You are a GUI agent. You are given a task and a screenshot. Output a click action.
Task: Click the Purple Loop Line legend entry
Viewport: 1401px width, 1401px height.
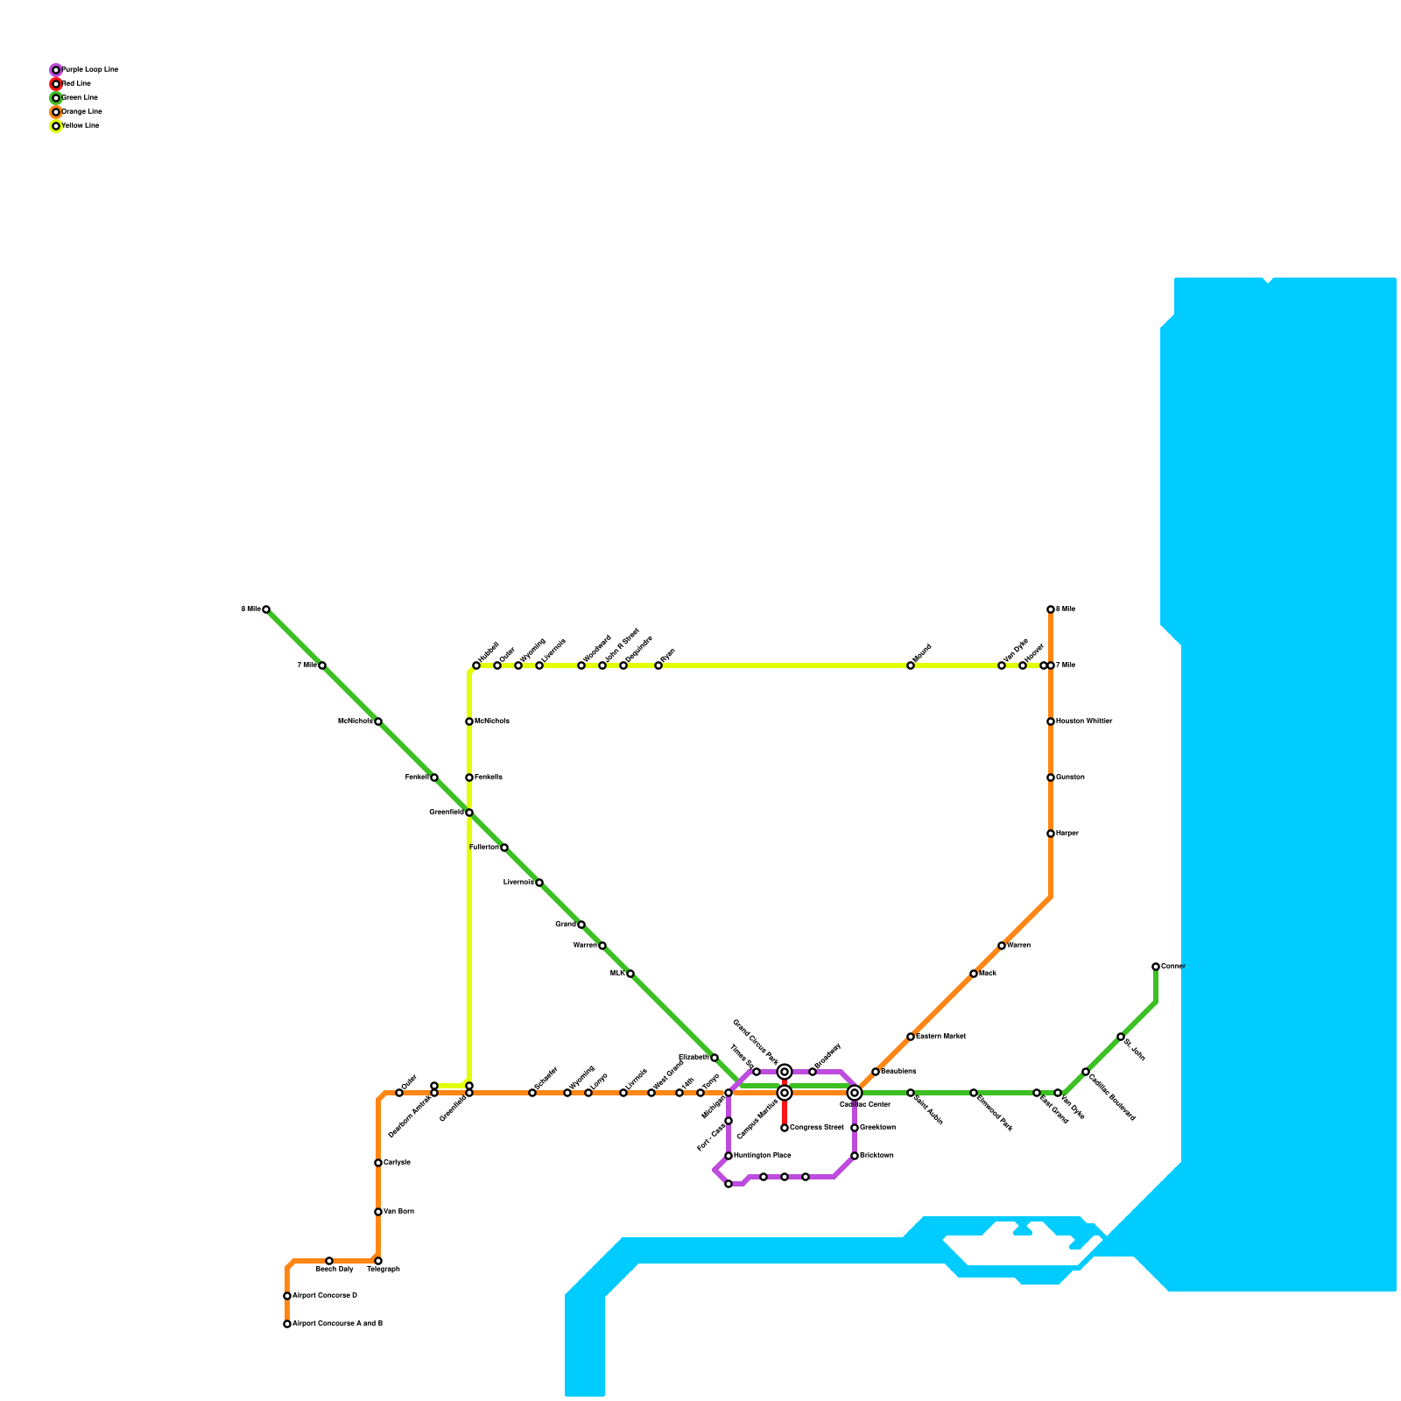click(x=88, y=69)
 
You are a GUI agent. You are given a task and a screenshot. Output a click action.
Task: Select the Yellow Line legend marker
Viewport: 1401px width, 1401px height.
click(x=56, y=126)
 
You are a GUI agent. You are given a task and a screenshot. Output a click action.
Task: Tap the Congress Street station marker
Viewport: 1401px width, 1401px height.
click(x=785, y=1128)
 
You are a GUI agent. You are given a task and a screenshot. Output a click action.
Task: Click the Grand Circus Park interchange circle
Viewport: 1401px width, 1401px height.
click(x=785, y=1072)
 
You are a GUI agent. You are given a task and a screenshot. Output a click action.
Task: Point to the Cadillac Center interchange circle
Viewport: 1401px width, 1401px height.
click(x=855, y=1092)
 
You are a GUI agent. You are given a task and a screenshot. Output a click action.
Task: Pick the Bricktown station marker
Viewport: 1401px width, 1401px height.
click(x=855, y=1156)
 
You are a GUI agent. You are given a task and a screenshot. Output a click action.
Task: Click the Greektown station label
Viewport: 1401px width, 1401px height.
click(x=877, y=1128)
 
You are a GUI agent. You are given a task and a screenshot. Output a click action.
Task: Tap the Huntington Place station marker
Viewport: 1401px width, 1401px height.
click(x=729, y=1156)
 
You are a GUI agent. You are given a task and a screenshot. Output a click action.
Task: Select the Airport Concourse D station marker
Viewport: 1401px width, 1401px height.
click(x=287, y=1296)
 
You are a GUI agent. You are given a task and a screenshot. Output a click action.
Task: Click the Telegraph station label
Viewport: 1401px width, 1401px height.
click(x=384, y=1270)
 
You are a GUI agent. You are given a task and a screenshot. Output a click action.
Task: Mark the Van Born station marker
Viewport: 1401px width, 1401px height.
click(x=378, y=1212)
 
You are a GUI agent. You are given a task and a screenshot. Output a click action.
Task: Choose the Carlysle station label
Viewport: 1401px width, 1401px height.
click(x=397, y=1163)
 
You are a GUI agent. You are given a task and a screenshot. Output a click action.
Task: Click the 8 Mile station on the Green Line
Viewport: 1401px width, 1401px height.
click(x=266, y=609)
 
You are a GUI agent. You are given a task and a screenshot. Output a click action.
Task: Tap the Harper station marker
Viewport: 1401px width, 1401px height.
click(x=1051, y=834)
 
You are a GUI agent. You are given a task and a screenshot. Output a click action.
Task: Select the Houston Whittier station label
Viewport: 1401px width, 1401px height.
click(x=1084, y=722)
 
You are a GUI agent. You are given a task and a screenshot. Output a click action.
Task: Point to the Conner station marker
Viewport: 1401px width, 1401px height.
click(x=1156, y=967)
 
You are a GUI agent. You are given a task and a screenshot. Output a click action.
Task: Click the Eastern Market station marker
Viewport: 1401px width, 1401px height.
click(x=911, y=1037)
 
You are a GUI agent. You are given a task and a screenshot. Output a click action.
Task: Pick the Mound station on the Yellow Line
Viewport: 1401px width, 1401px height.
click(x=911, y=665)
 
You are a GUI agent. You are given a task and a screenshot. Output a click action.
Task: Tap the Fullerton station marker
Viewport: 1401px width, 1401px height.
click(x=504, y=848)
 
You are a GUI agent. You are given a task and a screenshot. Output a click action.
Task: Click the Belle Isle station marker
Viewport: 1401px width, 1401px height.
click(x=911, y=1093)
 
